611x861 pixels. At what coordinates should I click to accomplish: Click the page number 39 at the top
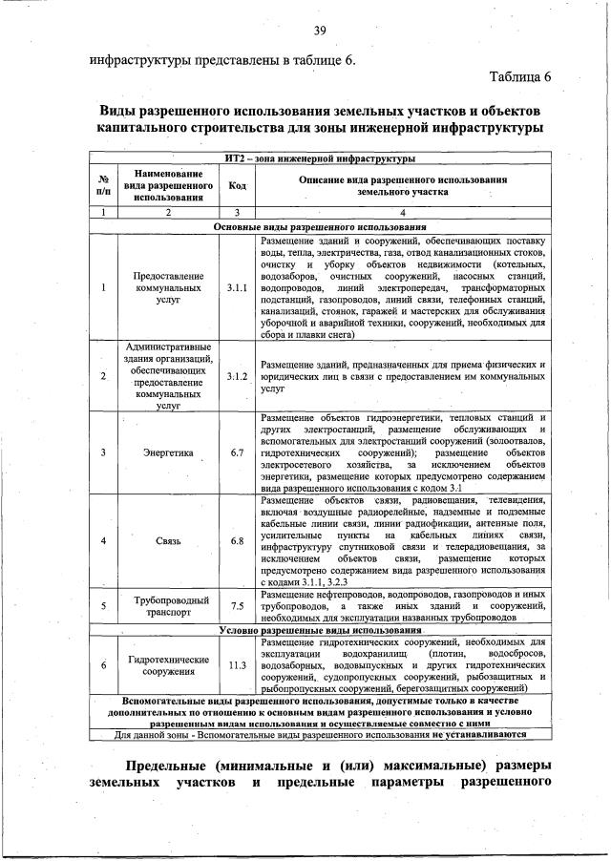coord(320,31)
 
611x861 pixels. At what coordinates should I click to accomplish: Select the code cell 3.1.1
coord(238,286)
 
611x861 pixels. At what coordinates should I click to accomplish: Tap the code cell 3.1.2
coord(238,376)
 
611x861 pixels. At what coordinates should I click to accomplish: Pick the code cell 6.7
coord(238,452)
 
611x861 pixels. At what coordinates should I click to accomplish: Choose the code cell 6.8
coord(238,541)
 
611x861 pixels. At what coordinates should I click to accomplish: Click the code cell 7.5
coord(238,605)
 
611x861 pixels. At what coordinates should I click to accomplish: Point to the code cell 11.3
coord(238,665)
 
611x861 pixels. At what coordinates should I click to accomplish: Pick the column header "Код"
coord(238,185)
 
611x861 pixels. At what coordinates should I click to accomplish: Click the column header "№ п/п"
coord(102,185)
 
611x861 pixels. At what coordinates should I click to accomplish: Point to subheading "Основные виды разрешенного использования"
coord(320,227)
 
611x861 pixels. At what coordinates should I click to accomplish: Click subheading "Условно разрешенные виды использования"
coord(320,630)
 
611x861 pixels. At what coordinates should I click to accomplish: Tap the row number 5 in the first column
coord(102,605)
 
